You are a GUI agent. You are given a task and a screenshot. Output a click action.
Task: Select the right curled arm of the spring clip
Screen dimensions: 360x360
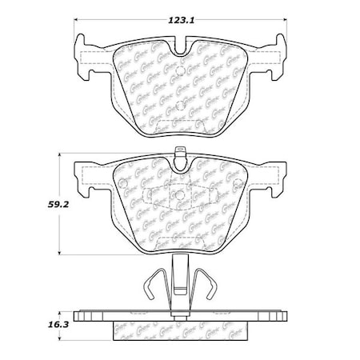(212, 284)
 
